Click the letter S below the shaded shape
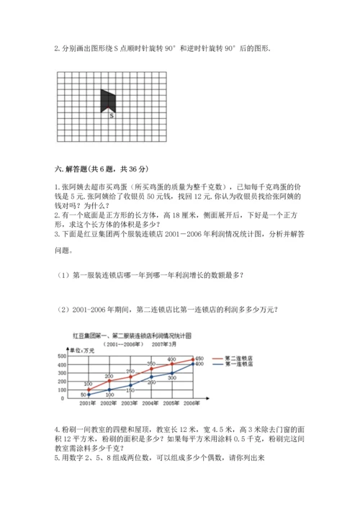point(111,114)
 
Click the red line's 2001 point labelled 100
point(87,389)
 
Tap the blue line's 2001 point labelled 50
point(87,394)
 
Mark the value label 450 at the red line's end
point(200,358)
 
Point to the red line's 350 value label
point(151,364)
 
